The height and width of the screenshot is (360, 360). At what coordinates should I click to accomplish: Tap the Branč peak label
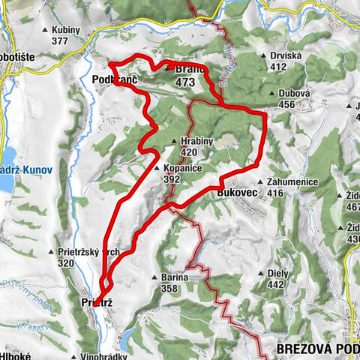(185, 65)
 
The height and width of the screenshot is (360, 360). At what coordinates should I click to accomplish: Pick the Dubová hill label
(291, 94)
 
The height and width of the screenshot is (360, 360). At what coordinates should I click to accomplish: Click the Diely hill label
(279, 274)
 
